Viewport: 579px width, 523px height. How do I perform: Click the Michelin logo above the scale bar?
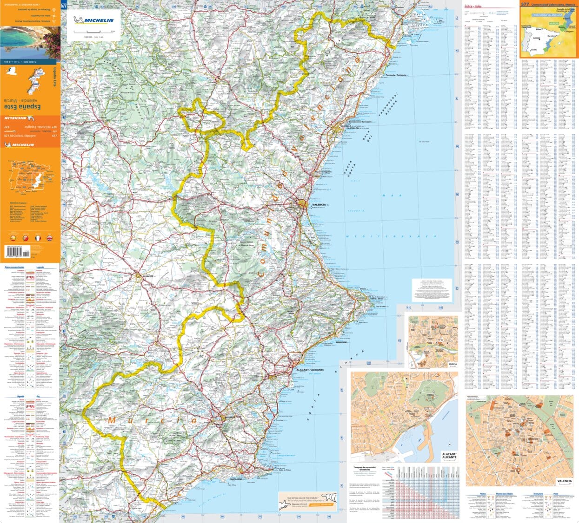[93, 20]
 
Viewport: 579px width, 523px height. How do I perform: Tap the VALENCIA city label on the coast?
[319, 204]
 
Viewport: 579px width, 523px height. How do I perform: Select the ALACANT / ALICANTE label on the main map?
[310, 370]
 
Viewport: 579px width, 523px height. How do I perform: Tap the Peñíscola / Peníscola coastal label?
[396, 75]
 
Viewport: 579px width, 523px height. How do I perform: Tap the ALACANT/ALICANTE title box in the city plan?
[449, 455]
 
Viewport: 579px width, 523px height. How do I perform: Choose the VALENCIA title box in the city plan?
[564, 481]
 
